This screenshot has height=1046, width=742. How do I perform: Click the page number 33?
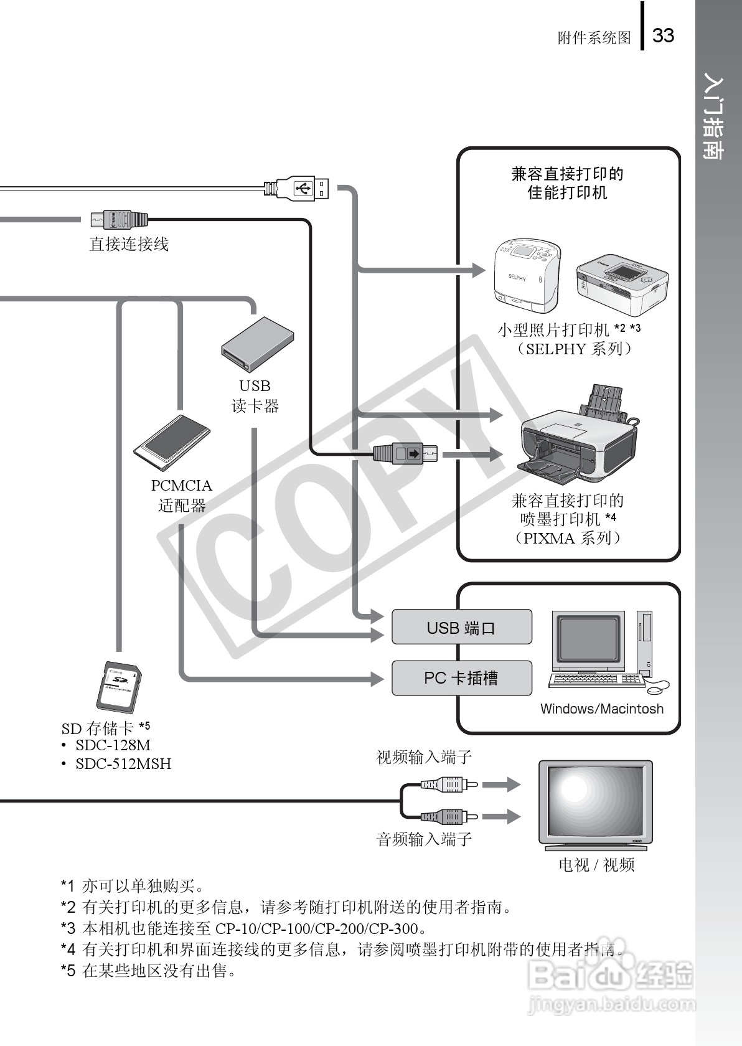(663, 35)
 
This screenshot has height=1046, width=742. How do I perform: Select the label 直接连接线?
(129, 244)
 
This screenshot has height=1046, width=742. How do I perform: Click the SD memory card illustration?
(120, 687)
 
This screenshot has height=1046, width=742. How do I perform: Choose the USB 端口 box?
(461, 627)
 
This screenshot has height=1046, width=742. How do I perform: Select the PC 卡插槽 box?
(461, 678)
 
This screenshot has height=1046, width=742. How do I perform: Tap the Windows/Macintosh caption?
(601, 709)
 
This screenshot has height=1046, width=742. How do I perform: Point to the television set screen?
(595, 803)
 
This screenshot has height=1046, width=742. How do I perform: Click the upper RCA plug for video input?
(449, 784)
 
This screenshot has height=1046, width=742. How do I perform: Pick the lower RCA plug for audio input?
(449, 816)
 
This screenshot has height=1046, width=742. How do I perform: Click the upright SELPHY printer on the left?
(526, 275)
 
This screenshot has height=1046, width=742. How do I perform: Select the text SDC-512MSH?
(123, 763)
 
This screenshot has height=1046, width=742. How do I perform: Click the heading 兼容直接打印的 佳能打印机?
(567, 183)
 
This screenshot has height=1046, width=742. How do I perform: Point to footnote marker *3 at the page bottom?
(68, 928)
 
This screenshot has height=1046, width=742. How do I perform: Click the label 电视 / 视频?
(596, 865)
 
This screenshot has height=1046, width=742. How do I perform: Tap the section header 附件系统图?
(594, 38)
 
